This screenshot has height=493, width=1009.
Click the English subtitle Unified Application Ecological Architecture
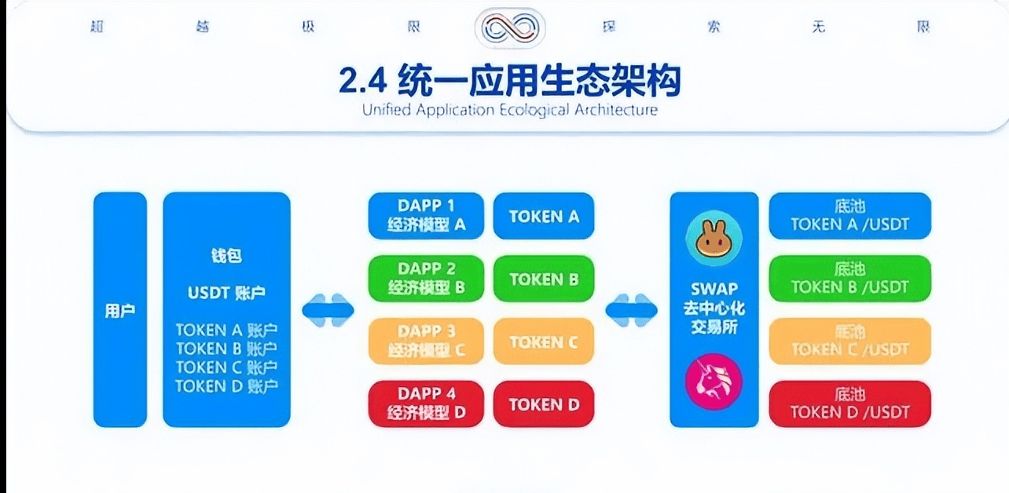[x=509, y=110]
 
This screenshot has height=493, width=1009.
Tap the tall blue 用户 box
[x=120, y=310]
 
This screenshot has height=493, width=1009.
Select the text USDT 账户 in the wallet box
[x=226, y=293]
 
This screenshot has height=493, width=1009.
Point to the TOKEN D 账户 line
[x=226, y=386]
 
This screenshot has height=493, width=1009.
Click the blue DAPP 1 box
[x=426, y=216]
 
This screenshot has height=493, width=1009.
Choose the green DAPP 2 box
[x=426, y=279]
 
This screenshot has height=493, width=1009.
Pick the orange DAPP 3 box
[x=426, y=341]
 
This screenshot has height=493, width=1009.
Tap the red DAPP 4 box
[x=426, y=404]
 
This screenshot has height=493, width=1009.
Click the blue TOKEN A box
[x=544, y=216]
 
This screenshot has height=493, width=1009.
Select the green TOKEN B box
[x=544, y=279]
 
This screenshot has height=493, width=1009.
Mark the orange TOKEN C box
[x=544, y=341]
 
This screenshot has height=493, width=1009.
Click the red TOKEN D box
[x=544, y=404]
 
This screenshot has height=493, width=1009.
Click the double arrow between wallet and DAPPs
[x=328, y=310]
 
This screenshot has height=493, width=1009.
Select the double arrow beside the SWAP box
[x=631, y=310]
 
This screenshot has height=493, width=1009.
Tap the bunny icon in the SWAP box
[x=714, y=240]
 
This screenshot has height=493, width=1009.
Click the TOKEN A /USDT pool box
[x=849, y=216]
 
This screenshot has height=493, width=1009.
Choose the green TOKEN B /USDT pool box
[x=849, y=279]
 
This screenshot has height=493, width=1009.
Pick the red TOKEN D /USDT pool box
[x=849, y=404]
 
